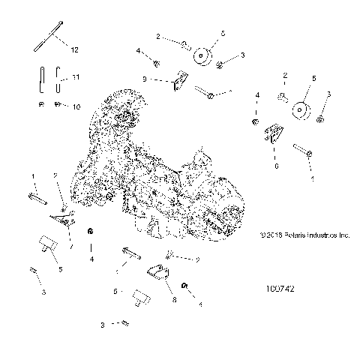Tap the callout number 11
[74, 78]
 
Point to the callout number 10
[76, 107]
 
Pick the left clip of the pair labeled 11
[43, 78]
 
